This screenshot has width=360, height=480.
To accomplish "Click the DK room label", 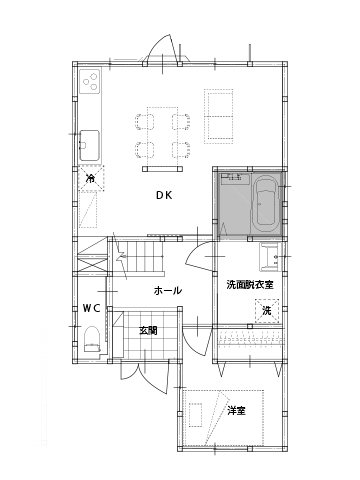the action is pyautogui.click(x=164, y=195).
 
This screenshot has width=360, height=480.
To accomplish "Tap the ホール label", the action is pyautogui.click(x=168, y=290).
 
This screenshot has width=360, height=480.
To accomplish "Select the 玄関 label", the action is pyautogui.click(x=148, y=331).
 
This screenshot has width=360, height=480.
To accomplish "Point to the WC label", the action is pyautogui.click(x=92, y=308).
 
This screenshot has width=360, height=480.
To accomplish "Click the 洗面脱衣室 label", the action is pyautogui.click(x=250, y=285).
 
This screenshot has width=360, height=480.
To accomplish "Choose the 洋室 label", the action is pyautogui.click(x=237, y=411).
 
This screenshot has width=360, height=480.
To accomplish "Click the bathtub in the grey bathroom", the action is pyautogui.click(x=266, y=203).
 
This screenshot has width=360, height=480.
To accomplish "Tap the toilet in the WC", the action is pyautogui.click(x=92, y=339).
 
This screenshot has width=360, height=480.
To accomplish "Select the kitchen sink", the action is pyautogui.click(x=89, y=146).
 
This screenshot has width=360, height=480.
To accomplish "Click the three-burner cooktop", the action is pyautogui.click(x=90, y=82).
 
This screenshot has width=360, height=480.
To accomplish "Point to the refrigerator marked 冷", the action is pyautogui.click(x=91, y=178).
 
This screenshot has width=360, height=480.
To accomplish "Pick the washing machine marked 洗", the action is pyautogui.click(x=267, y=311).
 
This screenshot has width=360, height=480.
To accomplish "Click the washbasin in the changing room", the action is pyautogui.click(x=270, y=257).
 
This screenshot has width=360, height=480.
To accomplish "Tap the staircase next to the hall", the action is pyautogui.click(x=140, y=257).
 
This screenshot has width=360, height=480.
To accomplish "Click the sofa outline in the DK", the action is pyautogui.click(x=220, y=116).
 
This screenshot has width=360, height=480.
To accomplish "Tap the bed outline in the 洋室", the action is pyautogui.click(x=224, y=418).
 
